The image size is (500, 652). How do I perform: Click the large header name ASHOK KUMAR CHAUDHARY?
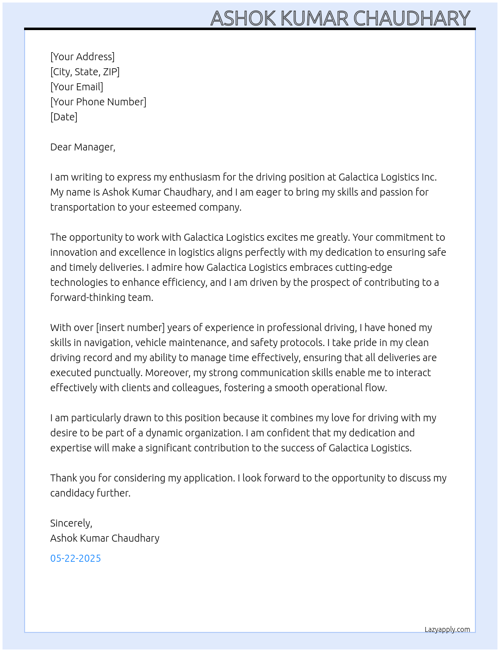pos(340,18)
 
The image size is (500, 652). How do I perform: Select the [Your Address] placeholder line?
pos(82,57)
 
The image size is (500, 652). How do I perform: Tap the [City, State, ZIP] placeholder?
pos(85,72)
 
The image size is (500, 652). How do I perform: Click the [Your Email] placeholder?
pos(77,87)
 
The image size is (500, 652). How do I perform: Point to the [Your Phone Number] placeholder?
pos(98,102)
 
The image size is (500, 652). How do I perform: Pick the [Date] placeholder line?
pos(64,117)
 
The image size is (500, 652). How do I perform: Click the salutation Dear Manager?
pos(83,147)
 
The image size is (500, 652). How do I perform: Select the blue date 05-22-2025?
pos(75,558)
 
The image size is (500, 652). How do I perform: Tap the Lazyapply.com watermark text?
pos(447,629)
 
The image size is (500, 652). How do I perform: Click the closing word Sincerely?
pos(71,523)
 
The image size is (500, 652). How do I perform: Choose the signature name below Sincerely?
pos(105,538)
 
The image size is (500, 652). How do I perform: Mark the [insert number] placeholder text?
pos(131,328)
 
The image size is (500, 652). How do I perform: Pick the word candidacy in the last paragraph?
pos(70,493)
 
